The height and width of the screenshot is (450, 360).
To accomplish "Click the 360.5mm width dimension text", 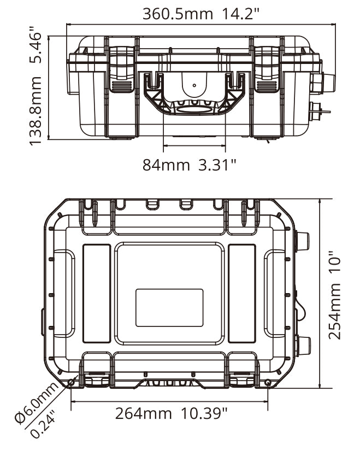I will click(x=178, y=14).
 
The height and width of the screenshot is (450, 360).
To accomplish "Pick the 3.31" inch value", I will click(x=217, y=164).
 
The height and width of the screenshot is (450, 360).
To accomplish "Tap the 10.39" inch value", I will click(x=202, y=413).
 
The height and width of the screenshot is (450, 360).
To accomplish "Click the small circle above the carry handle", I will click(x=194, y=85).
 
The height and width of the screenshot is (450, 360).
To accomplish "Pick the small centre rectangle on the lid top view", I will click(x=169, y=308).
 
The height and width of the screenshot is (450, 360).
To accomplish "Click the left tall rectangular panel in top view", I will click(x=97, y=294).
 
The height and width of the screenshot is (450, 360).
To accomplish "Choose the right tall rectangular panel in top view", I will click(x=241, y=294).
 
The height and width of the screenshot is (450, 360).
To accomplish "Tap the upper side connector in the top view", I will click(x=302, y=240).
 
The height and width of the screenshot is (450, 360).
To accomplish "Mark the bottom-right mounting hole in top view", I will click(x=267, y=382).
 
